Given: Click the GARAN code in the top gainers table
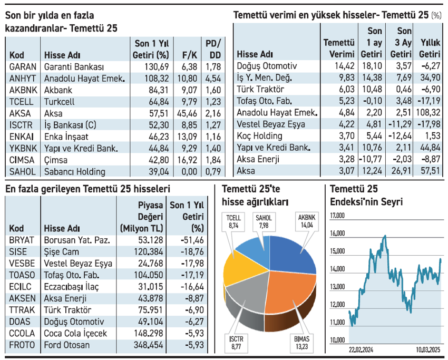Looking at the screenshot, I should click(x=23, y=67).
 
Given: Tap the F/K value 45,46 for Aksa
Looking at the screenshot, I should click(x=185, y=113).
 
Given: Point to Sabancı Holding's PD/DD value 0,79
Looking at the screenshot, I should click(x=213, y=171).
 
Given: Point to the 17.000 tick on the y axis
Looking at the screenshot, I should click(x=337, y=216).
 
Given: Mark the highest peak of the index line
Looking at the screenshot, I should click(x=385, y=236).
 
